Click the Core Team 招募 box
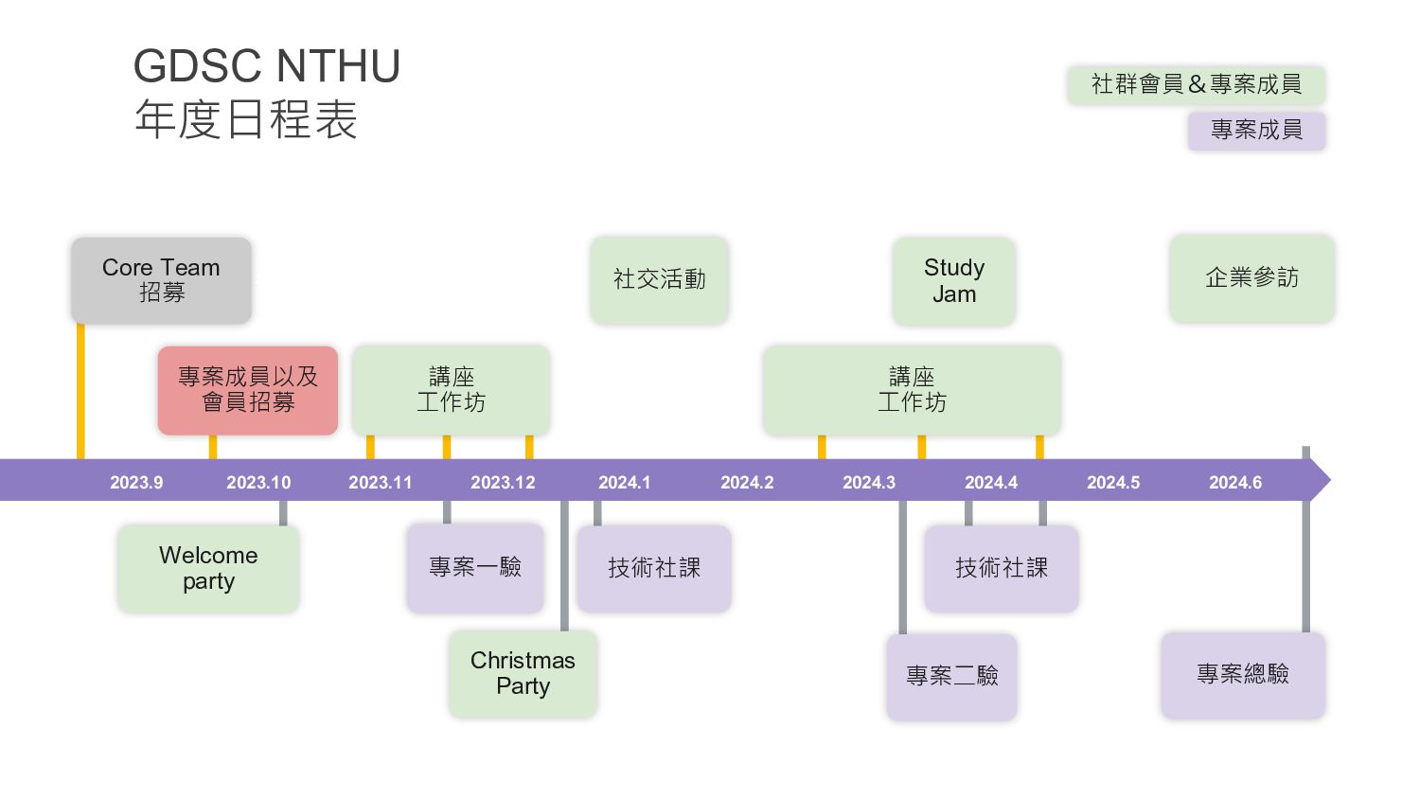coord(161,280)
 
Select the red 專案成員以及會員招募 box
coord(248,390)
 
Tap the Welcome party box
coord(208,568)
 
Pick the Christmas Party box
coord(523,673)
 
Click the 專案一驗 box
coord(475,567)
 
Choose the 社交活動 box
coord(660,279)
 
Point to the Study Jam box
coord(954,281)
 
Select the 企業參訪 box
coord(1251,278)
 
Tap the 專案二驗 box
coord(951,676)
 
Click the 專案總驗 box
coord(1243,674)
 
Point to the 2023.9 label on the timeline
coord(136,483)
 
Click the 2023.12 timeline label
coord(503,483)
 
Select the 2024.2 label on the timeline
coord(747,483)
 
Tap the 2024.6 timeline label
coord(1235,483)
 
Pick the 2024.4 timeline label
coord(991,483)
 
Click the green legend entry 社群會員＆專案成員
coord(1197,85)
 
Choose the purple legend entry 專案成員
coord(1256,130)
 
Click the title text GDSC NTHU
coord(267,66)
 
